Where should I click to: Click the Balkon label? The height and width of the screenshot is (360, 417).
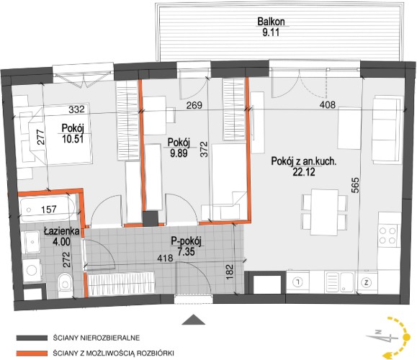tap(271, 22)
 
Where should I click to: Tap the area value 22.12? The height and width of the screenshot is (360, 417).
tap(304, 172)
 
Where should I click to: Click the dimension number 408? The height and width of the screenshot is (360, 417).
tap(328, 104)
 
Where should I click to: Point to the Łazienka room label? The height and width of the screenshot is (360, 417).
tap(62, 231)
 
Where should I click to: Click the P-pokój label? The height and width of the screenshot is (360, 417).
tap(186, 241)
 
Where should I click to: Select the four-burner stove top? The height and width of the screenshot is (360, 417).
tap(387, 235)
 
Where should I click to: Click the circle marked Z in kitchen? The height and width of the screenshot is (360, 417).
tap(367, 283)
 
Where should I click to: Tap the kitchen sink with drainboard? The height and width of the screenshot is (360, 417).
tap(339, 282)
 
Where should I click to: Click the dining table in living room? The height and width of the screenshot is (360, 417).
tap(324, 212)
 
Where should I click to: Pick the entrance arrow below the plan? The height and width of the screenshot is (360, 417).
tap(193, 320)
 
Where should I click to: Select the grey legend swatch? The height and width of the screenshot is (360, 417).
tap(32, 338)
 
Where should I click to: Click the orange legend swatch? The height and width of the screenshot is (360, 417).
tap(32, 354)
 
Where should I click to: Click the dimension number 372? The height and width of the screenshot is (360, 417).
tap(204, 149)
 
